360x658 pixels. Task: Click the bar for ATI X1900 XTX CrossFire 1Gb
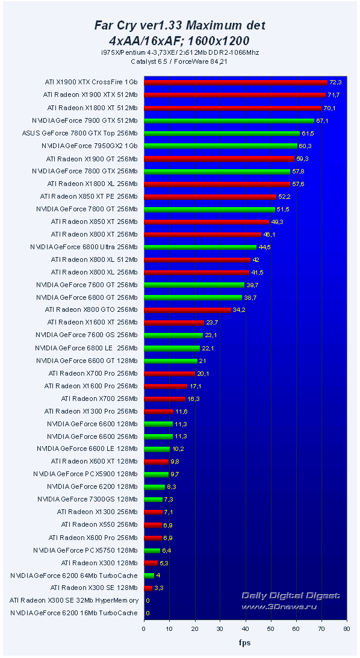point(235,82)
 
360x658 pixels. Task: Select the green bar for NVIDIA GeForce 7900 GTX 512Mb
point(229,120)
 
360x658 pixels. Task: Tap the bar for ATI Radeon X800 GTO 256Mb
point(187,310)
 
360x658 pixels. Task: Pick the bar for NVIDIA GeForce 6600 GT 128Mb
point(170,361)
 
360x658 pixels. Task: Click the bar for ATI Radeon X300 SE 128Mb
point(148,588)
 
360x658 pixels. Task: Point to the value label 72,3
point(336,82)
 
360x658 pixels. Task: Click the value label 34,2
point(239,310)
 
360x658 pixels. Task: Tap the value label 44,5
point(265,247)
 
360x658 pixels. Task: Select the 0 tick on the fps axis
point(144,629)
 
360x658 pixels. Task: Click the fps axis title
point(245,642)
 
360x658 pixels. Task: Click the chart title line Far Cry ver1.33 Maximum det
point(179,25)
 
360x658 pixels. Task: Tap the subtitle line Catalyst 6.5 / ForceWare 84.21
point(179,61)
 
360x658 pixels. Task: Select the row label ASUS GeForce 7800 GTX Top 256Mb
point(79,133)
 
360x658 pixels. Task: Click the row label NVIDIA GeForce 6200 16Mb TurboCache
point(74,613)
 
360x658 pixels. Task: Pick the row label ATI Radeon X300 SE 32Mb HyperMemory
point(74,600)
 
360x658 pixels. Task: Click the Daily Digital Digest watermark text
point(291,595)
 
